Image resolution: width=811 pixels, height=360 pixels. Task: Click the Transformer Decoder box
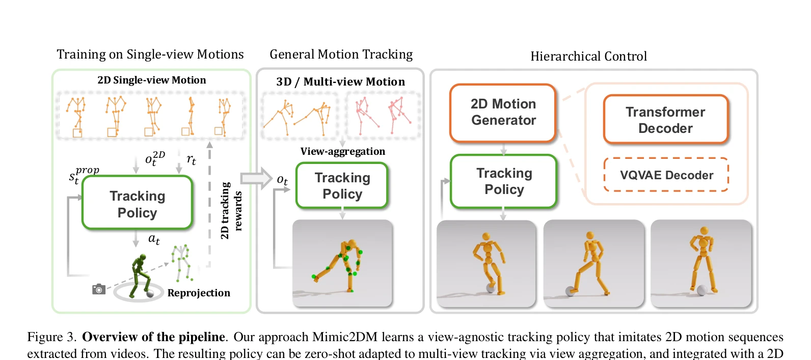point(665,120)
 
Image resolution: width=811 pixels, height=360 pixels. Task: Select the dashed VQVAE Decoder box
point(666,175)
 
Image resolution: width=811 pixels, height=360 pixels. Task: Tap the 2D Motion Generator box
point(503,113)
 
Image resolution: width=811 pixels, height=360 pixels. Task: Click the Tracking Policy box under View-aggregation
point(342,186)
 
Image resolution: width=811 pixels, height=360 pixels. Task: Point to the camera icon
point(98,289)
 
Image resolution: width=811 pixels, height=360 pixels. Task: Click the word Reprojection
point(199,293)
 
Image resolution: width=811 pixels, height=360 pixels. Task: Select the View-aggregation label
point(342,151)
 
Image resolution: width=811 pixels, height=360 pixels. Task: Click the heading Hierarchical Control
point(589,56)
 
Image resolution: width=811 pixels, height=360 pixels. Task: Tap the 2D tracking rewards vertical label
point(231,211)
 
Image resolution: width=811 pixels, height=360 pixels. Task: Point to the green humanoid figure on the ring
point(141,275)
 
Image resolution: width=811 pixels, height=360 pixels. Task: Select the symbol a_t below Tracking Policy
point(154,239)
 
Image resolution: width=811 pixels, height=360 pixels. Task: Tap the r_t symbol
point(191,159)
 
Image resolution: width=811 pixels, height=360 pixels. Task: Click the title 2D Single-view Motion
point(152,80)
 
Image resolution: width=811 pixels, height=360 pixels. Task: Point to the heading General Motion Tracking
point(341,54)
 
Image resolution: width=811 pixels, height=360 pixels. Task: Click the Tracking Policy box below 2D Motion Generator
point(504,181)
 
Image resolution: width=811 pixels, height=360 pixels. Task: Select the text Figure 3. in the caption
point(52,337)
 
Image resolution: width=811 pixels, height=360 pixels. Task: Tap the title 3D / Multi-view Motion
point(340,82)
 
